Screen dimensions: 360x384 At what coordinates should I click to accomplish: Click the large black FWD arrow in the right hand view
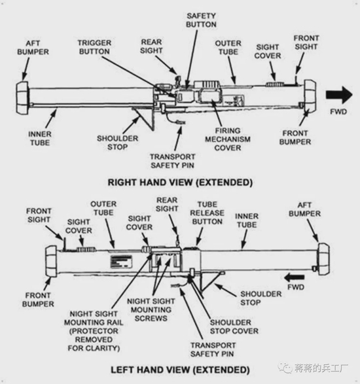339,95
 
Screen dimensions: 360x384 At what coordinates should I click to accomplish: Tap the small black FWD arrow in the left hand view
295,278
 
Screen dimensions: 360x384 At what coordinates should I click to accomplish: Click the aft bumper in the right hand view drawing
22,97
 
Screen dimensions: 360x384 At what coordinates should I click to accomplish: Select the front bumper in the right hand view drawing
310,96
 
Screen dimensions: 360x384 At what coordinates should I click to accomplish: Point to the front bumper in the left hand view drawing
51,262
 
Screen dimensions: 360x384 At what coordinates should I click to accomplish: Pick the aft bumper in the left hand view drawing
323,259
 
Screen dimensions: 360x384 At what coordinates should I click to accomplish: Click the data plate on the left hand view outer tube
122,262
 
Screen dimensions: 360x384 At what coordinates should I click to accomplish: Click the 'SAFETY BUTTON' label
201,20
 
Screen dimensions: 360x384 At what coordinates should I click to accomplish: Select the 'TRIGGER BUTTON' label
94,47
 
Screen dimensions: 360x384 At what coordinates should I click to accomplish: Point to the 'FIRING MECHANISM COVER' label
228,139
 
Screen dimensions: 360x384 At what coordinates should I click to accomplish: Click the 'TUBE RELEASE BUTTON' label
207,213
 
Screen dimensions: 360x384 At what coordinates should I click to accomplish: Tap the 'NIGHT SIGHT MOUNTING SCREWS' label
151,309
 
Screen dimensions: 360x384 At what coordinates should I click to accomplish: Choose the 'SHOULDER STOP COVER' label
234,326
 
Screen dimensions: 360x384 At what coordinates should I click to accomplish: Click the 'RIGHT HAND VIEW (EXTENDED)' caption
180,183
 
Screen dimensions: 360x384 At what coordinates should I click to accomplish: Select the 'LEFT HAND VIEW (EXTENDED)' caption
180,370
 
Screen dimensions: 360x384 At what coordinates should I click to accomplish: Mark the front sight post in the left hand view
64,243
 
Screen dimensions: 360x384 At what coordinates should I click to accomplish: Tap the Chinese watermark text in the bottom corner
321,368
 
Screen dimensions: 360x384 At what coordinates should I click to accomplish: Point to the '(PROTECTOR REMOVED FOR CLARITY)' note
94,340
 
